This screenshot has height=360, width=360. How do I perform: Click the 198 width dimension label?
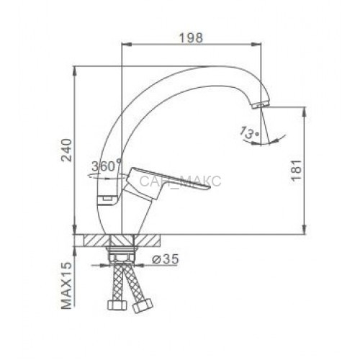point(192,37)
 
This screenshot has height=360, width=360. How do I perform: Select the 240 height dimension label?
point(66,150)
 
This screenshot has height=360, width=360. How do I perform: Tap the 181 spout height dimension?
point(295,170)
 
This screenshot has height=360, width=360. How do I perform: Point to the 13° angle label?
point(249,132)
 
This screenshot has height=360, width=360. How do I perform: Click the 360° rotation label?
point(107,166)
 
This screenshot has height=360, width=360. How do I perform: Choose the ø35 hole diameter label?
point(166,259)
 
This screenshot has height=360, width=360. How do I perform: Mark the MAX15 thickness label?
point(66,285)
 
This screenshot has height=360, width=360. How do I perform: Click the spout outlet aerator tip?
point(259,105)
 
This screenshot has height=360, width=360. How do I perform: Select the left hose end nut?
point(117,305)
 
